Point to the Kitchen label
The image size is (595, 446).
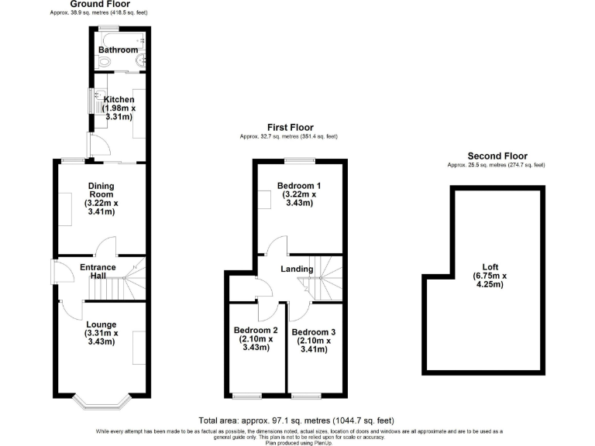[x=120, y=99]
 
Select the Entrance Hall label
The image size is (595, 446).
[x=98, y=273]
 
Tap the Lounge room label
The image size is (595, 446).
[x=101, y=324]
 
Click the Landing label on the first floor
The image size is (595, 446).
[x=297, y=269]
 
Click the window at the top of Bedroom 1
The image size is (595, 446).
[x=298, y=161]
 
